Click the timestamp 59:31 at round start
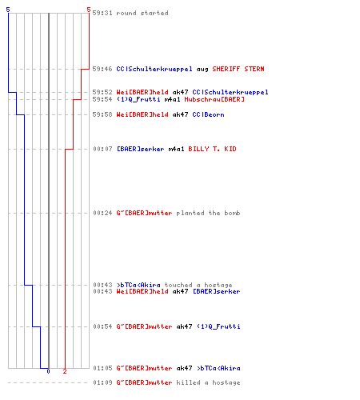pos(102,13)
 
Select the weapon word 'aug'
pos(202,70)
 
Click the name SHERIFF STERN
pos(238,69)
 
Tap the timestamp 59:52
pos(102,92)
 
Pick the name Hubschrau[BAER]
pos(214,99)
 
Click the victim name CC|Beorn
pos(208,114)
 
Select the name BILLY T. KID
pos(212,149)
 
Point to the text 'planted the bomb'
pos(208,213)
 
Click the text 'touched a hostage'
pos(198,285)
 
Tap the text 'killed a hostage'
pos(208,382)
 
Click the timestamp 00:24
pos(102,213)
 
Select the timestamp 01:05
pos(102,368)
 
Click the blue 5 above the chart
pos(8,10)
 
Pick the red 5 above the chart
pos(89,10)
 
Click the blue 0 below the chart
pos(48,371)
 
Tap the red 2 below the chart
pos(65,371)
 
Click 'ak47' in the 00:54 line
pos(184,326)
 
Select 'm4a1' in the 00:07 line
pos(176,149)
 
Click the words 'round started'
pos(142,13)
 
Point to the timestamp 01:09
pos(102,382)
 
